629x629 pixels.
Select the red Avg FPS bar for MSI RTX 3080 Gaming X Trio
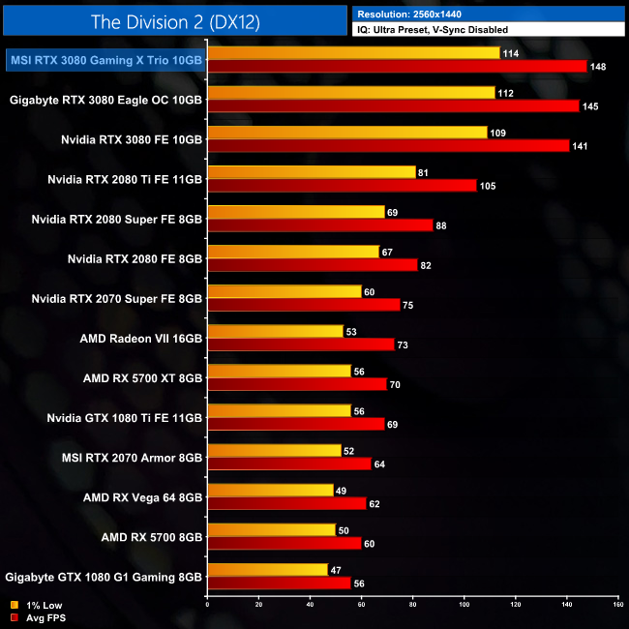pos(398,66)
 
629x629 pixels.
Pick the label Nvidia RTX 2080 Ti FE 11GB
pos(125,179)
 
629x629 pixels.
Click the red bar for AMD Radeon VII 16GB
pos(301,344)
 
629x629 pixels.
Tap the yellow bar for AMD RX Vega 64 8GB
pos(270,490)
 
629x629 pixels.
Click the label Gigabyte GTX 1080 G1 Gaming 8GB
pos(104,577)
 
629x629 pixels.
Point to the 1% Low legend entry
pos(34,606)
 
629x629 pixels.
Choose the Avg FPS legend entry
pos(36,617)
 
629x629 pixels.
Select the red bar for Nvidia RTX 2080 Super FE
pos(320,225)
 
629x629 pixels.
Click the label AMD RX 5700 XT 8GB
pos(142,378)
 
